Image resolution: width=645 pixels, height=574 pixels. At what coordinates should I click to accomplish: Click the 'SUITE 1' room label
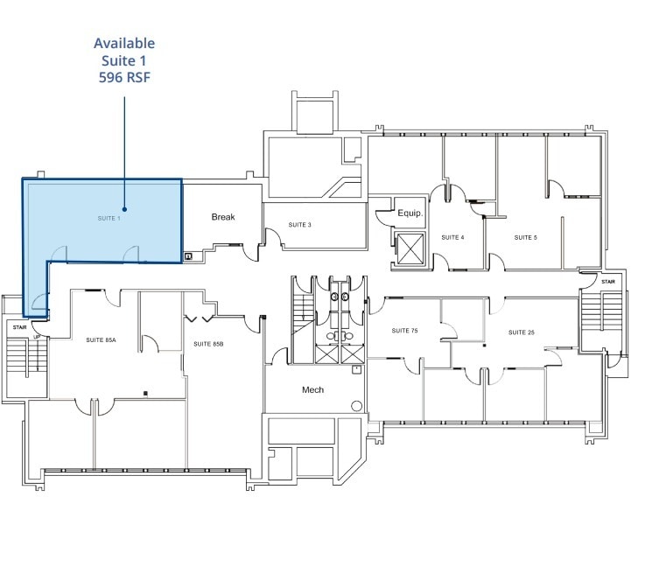tap(108, 218)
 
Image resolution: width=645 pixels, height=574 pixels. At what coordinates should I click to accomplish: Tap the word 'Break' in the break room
tap(223, 217)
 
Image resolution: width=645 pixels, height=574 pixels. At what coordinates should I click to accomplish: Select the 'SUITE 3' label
tap(300, 225)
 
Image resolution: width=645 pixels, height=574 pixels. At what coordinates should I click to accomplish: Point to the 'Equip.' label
tap(410, 213)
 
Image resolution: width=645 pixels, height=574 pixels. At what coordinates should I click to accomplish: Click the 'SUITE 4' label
tap(452, 237)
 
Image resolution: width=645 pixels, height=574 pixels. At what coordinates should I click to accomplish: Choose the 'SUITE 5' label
tap(525, 237)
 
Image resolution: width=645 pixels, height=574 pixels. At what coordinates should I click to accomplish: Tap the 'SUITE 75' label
tap(405, 331)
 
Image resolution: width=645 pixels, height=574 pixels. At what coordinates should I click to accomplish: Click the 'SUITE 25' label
tap(522, 332)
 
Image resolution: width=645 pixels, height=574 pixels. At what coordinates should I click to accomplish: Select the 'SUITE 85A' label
tap(101, 339)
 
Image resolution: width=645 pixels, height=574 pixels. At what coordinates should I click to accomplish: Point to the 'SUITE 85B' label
tap(208, 344)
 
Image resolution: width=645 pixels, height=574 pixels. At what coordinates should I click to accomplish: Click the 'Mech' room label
tap(313, 389)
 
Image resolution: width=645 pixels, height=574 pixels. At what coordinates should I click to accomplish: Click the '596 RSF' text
tap(124, 76)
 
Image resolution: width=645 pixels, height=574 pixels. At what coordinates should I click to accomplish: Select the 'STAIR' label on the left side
tap(19, 326)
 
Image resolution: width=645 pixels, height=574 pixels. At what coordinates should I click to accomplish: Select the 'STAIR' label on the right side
tap(607, 281)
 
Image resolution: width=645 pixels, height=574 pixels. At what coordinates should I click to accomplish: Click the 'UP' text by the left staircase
tap(36, 336)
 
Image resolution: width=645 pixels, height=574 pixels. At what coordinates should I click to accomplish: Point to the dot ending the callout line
tap(125, 209)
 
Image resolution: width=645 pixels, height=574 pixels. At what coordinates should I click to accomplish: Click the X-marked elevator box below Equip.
tap(410, 248)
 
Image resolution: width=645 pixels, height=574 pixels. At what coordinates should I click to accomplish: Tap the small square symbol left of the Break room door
tap(189, 256)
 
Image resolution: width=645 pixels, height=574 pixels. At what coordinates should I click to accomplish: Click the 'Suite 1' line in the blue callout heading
tap(124, 59)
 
